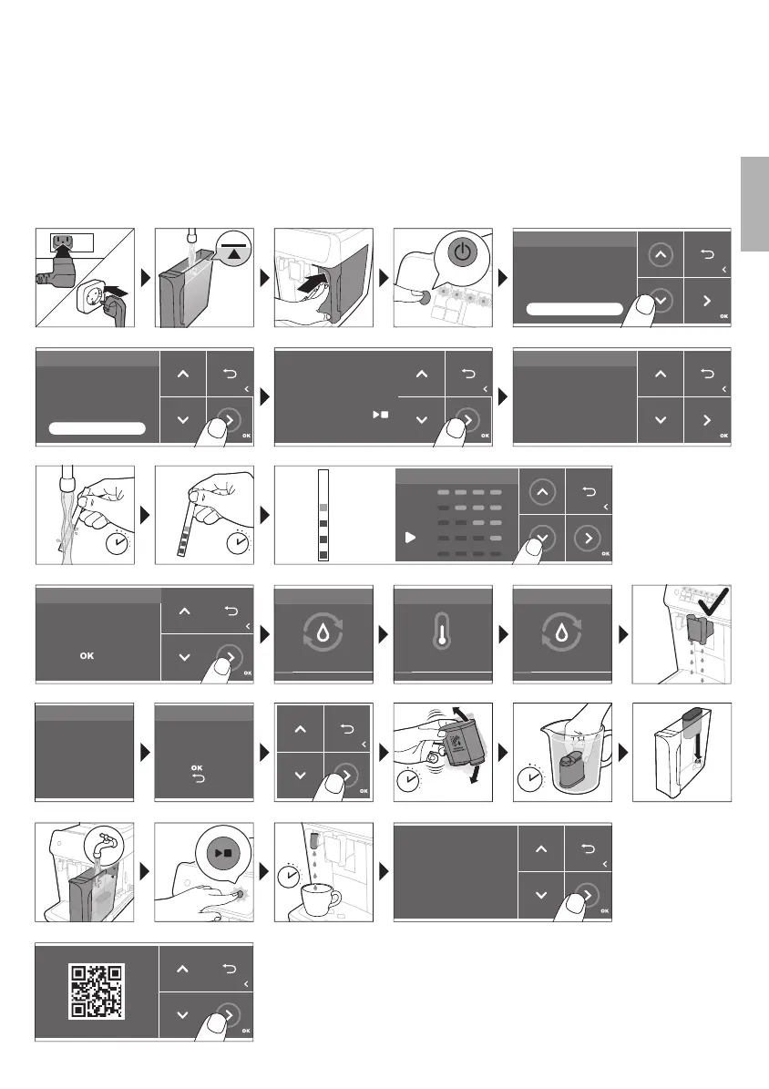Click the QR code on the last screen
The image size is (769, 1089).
pyautogui.click(x=97, y=991)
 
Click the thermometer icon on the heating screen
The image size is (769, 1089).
pyautogui.click(x=442, y=634)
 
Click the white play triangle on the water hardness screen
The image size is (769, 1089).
pyautogui.click(x=410, y=538)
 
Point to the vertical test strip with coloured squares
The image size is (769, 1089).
pyautogui.click(x=323, y=515)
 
